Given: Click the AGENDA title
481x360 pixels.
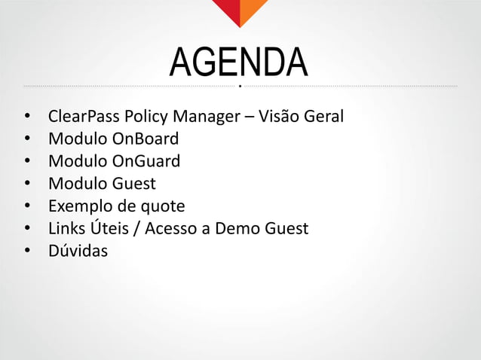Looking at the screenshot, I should (x=239, y=64).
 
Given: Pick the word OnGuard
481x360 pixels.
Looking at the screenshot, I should (x=146, y=161).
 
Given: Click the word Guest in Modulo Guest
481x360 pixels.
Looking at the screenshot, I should (x=134, y=183).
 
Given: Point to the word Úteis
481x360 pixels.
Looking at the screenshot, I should (x=110, y=227).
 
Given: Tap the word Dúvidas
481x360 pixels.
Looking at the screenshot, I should (x=78, y=249).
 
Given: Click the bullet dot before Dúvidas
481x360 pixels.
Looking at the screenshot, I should (x=27, y=250).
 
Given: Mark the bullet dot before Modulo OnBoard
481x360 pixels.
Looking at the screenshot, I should (x=27, y=140).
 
